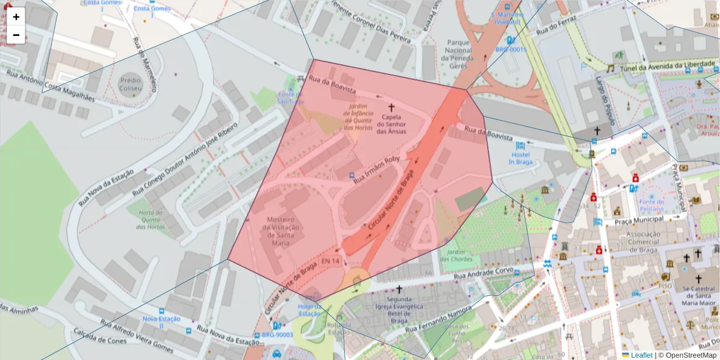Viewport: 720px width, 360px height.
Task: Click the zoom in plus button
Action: [16, 17]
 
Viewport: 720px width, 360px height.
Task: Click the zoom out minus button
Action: [16, 35]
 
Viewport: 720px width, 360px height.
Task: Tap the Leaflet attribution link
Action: [641, 355]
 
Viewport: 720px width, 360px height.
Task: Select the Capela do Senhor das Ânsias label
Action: [391, 124]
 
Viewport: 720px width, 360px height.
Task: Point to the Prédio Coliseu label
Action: [130, 84]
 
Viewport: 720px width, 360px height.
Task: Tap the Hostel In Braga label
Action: [520, 157]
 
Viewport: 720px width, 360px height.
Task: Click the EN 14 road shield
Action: [330, 262]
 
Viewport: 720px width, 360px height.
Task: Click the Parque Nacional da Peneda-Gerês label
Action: [461, 55]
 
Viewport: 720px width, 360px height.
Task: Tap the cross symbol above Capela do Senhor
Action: [392, 107]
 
